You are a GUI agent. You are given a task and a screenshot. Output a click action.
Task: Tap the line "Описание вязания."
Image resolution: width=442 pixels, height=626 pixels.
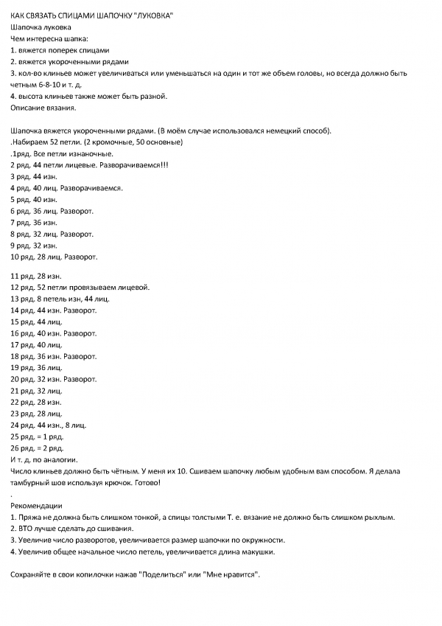pos(43,108)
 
